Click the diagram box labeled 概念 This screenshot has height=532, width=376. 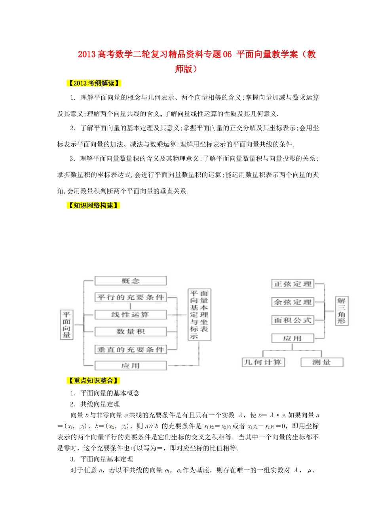pos(130,281)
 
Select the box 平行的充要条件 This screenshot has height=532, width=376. pos(130,297)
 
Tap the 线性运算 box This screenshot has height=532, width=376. pos(130,315)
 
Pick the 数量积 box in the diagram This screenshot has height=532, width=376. pos(130,332)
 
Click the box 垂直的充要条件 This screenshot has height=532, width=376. pos(130,350)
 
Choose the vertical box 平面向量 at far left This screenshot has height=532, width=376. pos(66,325)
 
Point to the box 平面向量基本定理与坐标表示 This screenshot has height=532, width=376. pos(199,315)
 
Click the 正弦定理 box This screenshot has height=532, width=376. pos(292,284)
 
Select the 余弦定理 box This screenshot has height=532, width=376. pos(292,302)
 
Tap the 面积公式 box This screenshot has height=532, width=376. pos(292,320)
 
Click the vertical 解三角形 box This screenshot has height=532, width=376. pos(341,311)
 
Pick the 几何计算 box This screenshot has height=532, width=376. pos(263,362)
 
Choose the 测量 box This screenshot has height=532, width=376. pos(321,362)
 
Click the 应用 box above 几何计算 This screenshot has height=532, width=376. pos(292,338)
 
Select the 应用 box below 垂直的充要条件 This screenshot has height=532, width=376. pos(130,366)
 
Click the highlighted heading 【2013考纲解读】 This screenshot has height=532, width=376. pos(94,83)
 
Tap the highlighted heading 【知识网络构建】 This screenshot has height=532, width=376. pos(93,205)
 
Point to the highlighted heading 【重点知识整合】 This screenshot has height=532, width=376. pos(93,381)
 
